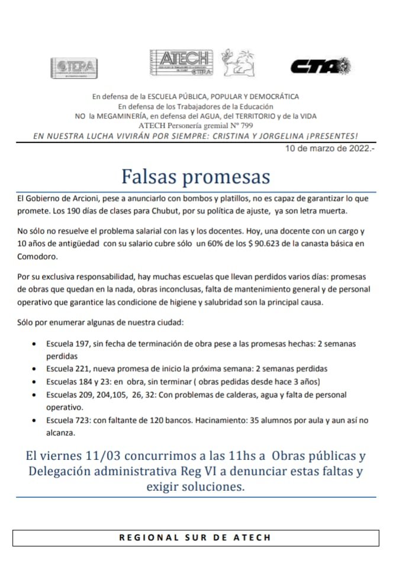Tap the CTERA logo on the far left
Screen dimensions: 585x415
coord(73,66)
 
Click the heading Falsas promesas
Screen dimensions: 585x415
coord(196,176)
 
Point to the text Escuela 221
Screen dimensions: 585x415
coord(66,368)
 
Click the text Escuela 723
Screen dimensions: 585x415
coord(66,420)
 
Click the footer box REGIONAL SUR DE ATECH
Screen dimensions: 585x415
coord(195,538)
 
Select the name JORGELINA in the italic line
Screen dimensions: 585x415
coord(278,136)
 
